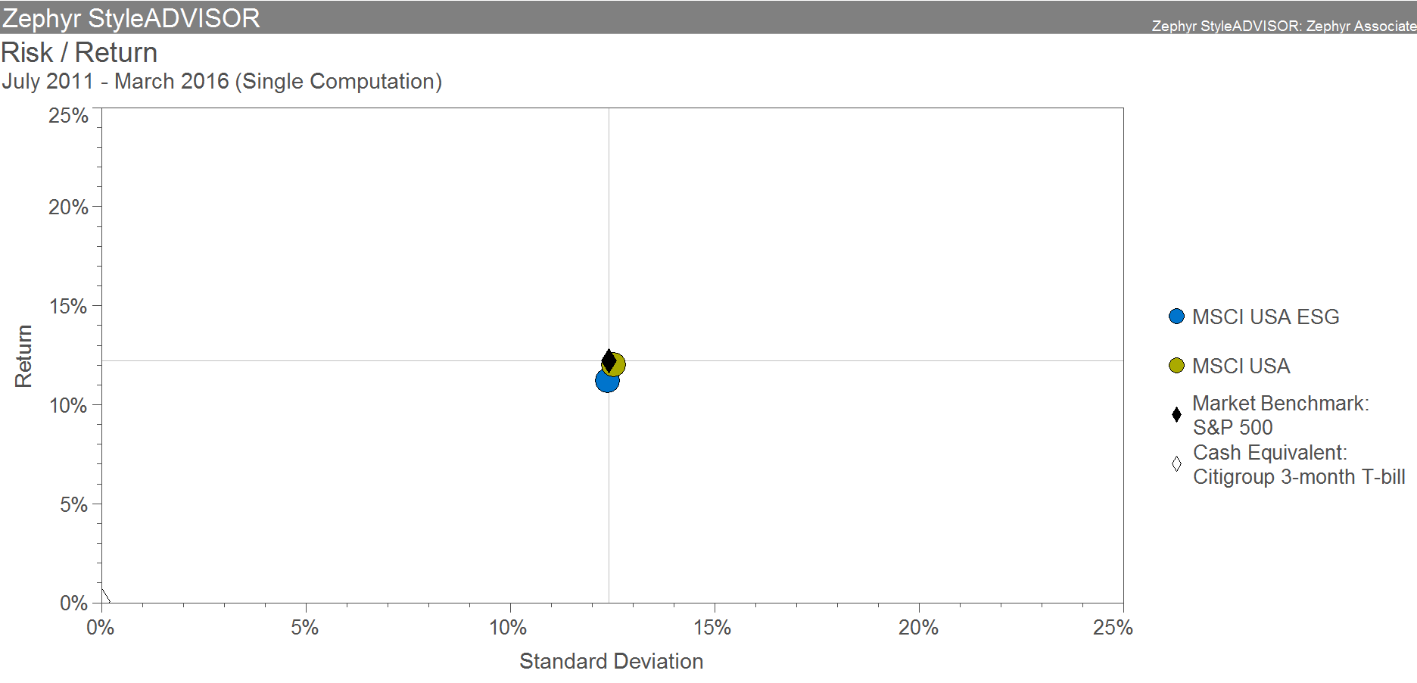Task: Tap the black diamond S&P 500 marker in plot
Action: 609,359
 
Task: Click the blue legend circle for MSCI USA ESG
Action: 1176,317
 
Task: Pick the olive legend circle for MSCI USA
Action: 1176,366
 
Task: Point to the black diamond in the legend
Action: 1176,414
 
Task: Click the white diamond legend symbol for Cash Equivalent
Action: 1176,463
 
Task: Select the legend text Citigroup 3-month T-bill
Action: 1299,477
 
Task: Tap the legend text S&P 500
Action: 1232,428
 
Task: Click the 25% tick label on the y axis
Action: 68,116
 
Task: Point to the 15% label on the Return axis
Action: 68,307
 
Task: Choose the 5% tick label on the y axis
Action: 73,505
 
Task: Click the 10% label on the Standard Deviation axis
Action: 508,628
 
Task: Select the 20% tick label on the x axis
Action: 918,628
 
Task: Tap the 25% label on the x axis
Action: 1113,628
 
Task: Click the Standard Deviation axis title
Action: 611,662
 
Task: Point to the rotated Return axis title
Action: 23,356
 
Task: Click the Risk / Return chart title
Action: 79,53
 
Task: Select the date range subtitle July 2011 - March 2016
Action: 222,82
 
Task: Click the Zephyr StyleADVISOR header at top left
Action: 131,17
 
